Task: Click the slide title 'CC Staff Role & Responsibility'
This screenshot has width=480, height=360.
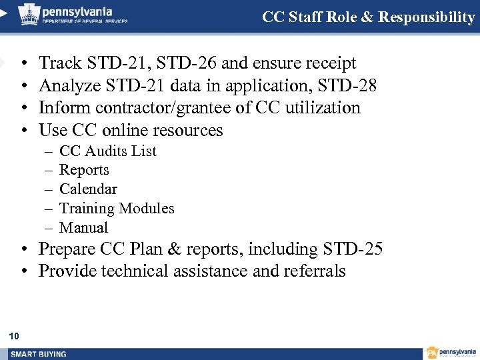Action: [368, 17]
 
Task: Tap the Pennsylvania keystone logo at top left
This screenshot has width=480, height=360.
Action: [29, 14]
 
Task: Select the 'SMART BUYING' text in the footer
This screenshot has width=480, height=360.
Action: [39, 353]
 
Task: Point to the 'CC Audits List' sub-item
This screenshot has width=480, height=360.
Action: [107, 151]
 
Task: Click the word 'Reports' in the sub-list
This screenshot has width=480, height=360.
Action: [84, 170]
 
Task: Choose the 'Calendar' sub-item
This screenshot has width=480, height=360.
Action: [88, 189]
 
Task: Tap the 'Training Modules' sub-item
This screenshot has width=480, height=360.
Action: [117, 209]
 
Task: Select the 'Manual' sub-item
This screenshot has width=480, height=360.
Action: [83, 228]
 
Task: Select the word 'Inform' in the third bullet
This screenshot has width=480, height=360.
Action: [62, 108]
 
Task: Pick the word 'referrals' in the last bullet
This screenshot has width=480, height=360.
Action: [315, 271]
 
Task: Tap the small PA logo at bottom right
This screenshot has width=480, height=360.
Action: [432, 353]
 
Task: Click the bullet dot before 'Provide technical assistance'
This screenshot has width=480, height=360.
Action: [23, 271]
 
